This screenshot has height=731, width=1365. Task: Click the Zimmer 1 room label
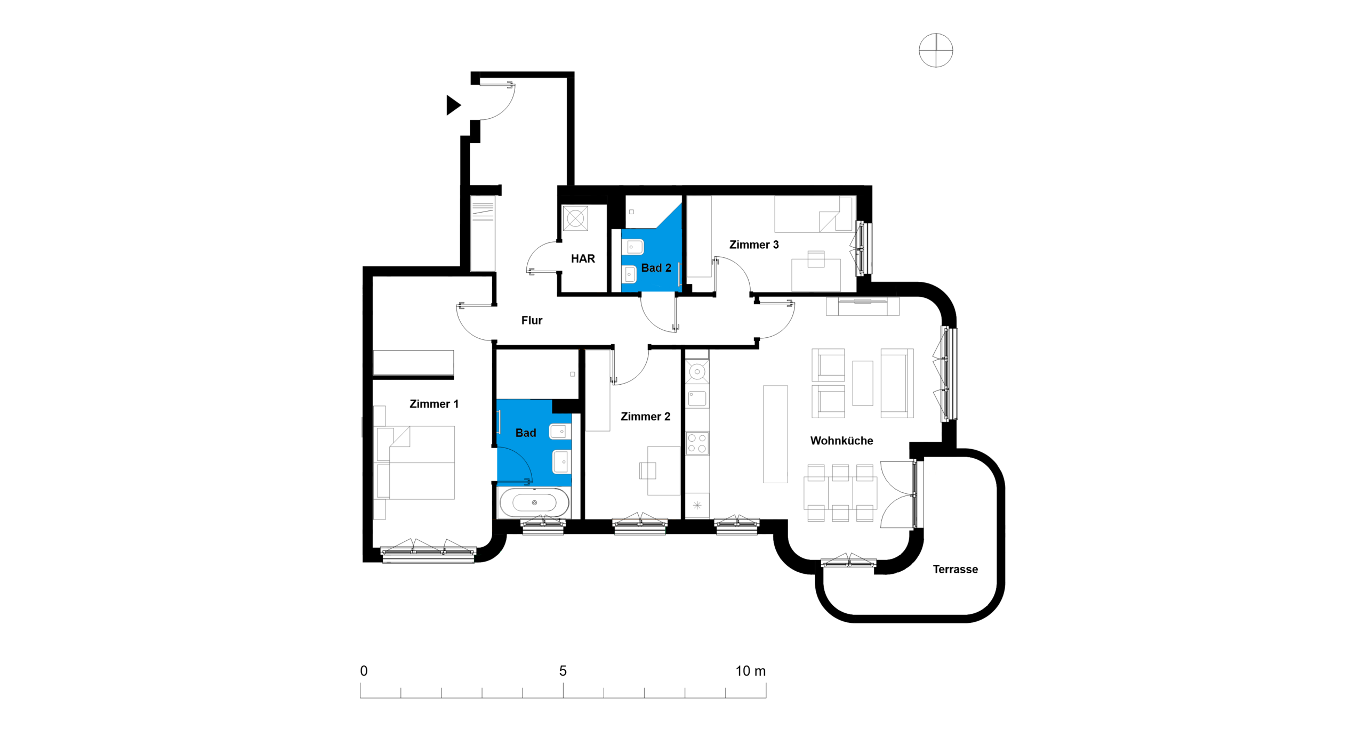tap(433, 404)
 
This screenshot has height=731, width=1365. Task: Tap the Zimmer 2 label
tap(645, 417)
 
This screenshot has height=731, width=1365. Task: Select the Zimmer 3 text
tap(754, 245)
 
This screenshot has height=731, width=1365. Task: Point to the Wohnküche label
tap(841, 441)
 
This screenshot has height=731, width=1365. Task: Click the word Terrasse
tap(955, 569)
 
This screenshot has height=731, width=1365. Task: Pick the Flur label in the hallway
tap(532, 320)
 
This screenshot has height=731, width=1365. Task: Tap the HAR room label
tap(583, 258)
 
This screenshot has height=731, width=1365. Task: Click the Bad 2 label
tap(656, 268)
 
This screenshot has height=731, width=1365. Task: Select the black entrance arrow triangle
tap(453, 105)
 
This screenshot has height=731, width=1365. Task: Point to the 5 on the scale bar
tap(563, 671)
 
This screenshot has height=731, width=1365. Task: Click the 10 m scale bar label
tap(750, 671)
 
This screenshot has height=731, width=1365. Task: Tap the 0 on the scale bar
tap(364, 671)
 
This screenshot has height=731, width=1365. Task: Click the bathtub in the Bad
tap(534, 502)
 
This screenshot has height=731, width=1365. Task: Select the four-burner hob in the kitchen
tap(697, 443)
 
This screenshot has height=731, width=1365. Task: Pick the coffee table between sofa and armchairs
tap(862, 383)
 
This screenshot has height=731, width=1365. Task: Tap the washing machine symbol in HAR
tap(575, 218)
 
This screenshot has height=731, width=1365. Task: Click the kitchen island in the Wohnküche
tap(775, 434)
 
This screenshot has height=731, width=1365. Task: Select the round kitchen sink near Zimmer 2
tap(697, 371)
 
